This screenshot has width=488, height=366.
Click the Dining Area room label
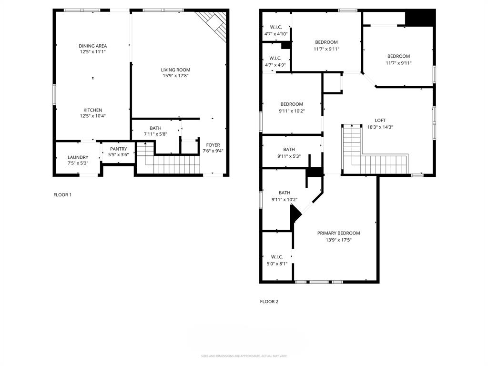pyautogui.click(x=92, y=46)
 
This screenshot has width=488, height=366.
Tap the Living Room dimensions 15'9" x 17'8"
pyautogui.click(x=175, y=75)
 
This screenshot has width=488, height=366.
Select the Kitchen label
pyautogui.click(x=92, y=110)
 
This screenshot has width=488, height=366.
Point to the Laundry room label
pyautogui.click(x=78, y=157)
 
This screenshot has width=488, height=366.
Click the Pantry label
pyautogui.click(x=118, y=149)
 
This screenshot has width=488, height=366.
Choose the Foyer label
pyautogui.click(x=213, y=145)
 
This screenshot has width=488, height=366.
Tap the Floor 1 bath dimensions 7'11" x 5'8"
pyautogui.click(x=155, y=134)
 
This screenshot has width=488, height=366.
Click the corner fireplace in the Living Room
pyautogui.click(x=214, y=24)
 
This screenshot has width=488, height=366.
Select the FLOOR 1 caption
pyautogui.click(x=62, y=194)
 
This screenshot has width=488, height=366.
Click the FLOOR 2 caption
pyautogui.click(x=269, y=301)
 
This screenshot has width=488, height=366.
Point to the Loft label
pyautogui.click(x=380, y=121)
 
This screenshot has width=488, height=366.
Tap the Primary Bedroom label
pyautogui.click(x=338, y=233)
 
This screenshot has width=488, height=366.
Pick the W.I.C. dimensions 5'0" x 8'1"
pyautogui.click(x=277, y=263)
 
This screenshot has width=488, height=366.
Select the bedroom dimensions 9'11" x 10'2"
pyautogui.click(x=291, y=111)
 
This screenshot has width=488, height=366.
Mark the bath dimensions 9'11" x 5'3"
pyautogui.click(x=289, y=156)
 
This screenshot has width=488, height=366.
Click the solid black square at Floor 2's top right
pyautogui.click(x=420, y=19)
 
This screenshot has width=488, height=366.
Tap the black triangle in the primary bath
pyautogui.click(x=295, y=214)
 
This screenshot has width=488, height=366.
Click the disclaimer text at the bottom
pyautogui.click(x=244, y=356)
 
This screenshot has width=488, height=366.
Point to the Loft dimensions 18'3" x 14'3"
pyautogui.click(x=380, y=127)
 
